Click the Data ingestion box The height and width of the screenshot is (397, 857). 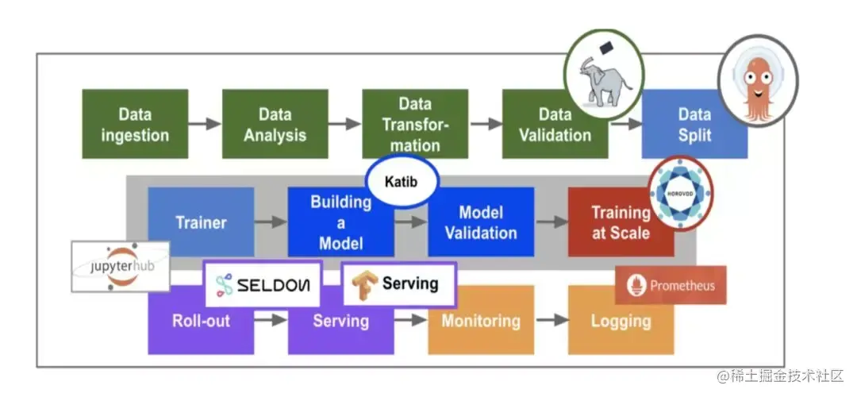pos(135,124)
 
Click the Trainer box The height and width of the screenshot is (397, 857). pos(201,222)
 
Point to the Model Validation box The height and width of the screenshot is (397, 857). pos(481,222)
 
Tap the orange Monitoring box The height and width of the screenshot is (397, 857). pos(481,322)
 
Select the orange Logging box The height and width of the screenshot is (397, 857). pos(621,322)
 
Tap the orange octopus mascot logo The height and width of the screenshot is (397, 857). pos(758,80)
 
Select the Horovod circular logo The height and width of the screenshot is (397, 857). pos(680,192)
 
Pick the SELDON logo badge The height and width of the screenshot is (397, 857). pos(263,284)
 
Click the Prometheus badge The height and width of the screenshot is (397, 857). pos(671,285)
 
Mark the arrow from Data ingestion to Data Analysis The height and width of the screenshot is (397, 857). pos(205,124)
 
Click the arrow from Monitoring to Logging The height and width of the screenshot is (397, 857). pos(551,320)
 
